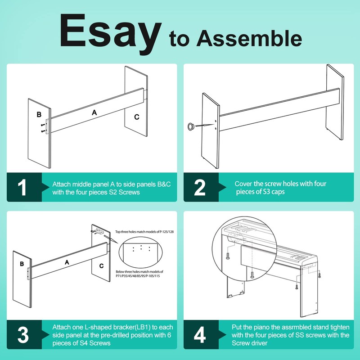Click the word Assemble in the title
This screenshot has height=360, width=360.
click(x=249, y=38)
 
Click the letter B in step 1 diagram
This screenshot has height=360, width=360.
click(x=39, y=114)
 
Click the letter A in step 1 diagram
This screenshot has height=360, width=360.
click(x=94, y=112)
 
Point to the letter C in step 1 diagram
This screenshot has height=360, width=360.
click(x=137, y=117)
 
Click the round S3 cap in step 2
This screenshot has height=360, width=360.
click(x=191, y=126)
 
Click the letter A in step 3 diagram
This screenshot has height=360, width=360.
click(x=67, y=262)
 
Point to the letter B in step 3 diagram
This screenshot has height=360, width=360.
click(x=22, y=264)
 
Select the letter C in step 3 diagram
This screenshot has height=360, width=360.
click(x=102, y=266)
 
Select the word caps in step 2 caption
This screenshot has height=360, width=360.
click(x=278, y=192)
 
